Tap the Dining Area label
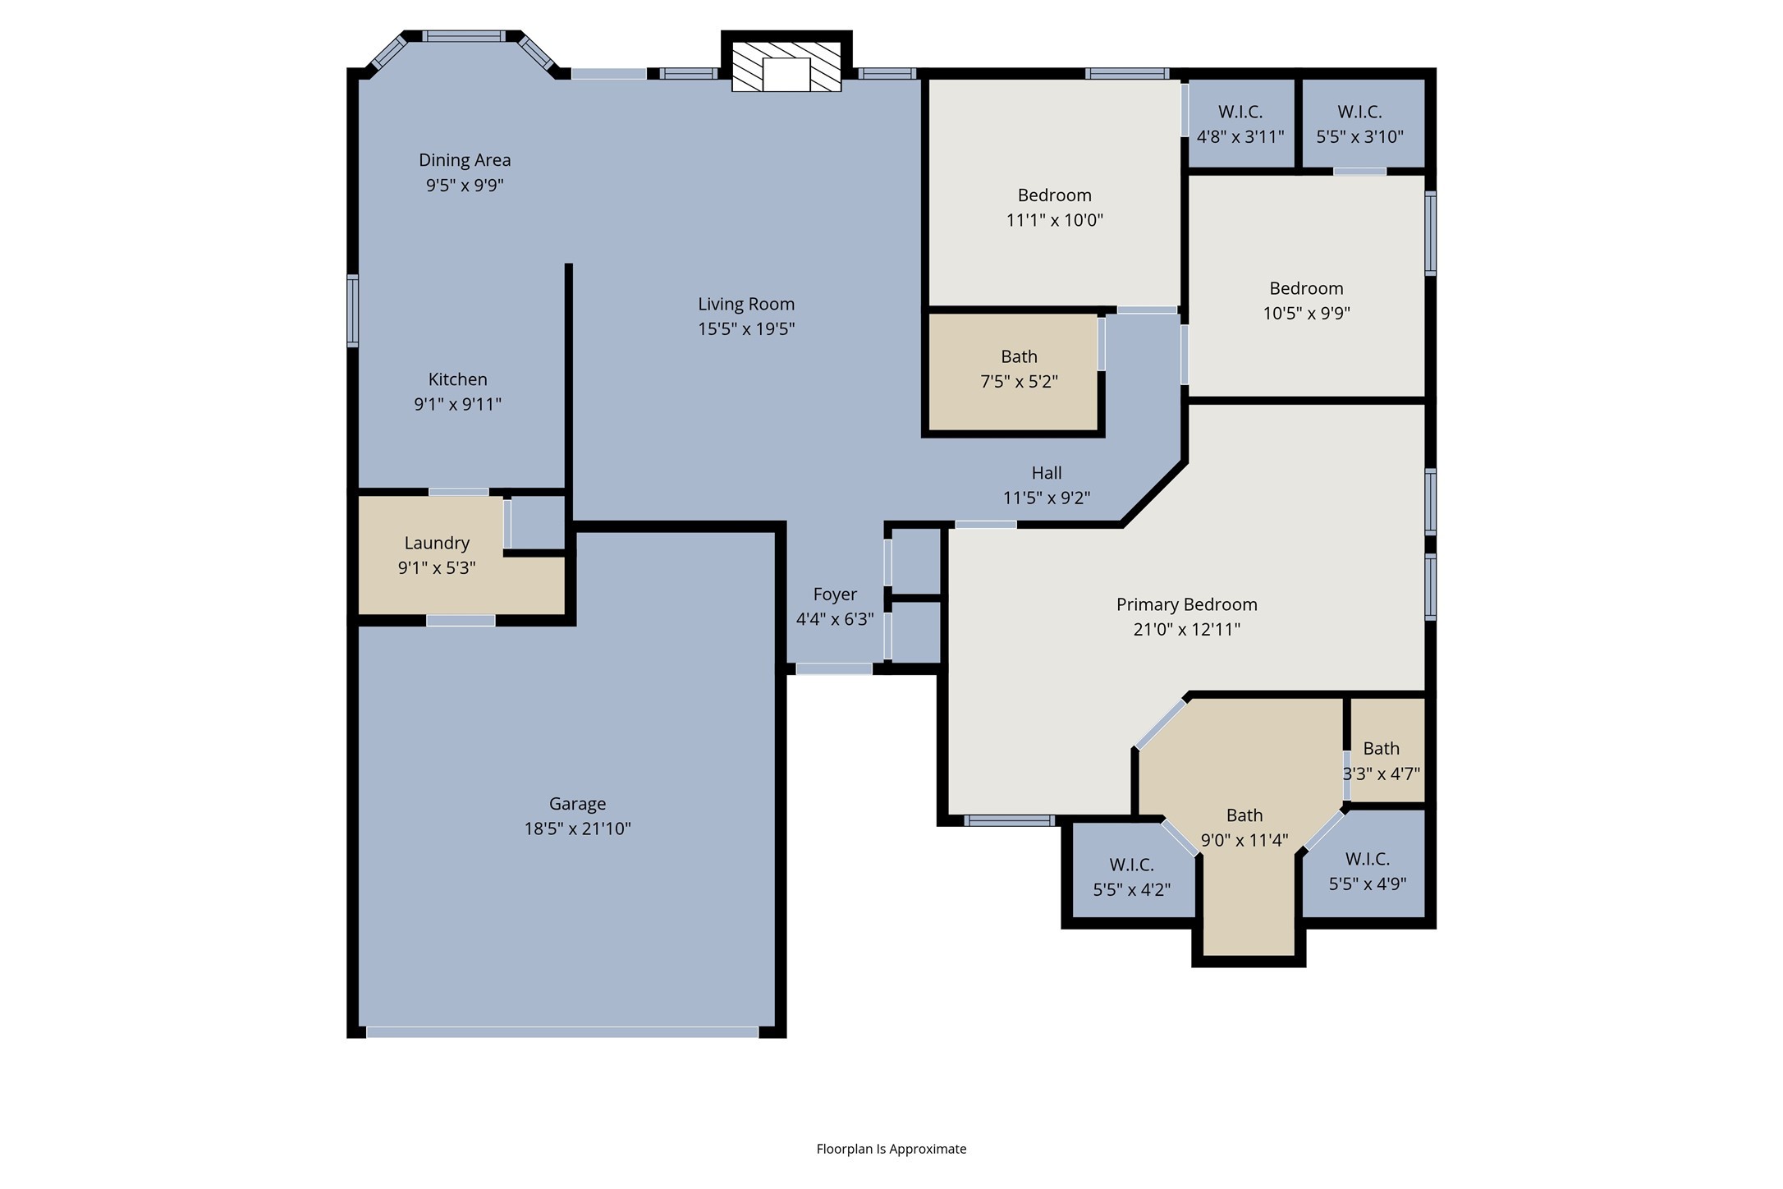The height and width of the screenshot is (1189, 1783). (465, 160)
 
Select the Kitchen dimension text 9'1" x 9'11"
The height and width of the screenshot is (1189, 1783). (458, 404)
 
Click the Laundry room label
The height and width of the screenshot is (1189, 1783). (437, 543)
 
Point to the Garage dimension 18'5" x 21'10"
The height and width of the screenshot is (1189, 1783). (578, 829)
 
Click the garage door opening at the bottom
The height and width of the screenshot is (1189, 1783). (562, 1032)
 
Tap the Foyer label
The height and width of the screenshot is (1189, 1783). (835, 594)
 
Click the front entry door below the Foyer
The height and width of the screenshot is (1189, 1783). (834, 669)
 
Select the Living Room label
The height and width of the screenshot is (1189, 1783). (746, 305)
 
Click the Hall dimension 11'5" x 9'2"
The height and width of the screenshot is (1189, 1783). (1047, 498)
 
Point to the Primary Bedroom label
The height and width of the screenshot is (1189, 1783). (1187, 605)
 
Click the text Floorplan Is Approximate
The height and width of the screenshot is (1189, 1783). (891, 1149)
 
